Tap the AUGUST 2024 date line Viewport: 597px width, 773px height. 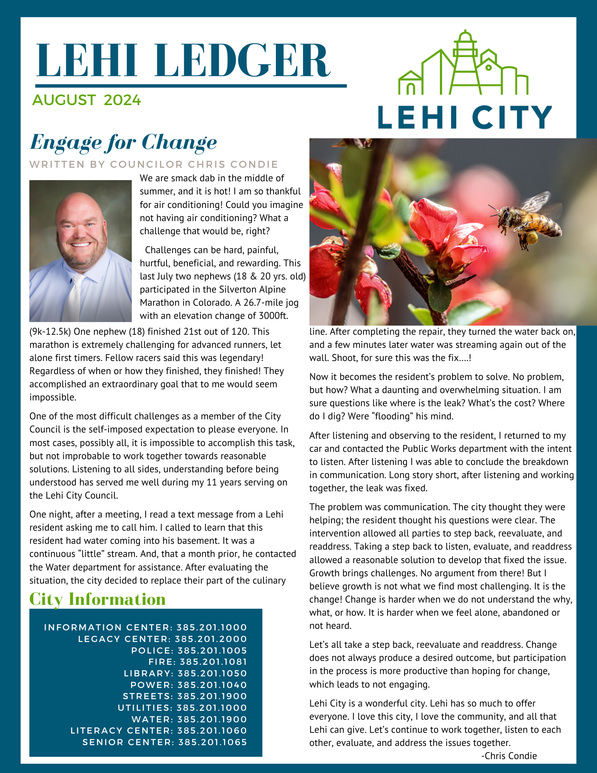pyautogui.click(x=87, y=100)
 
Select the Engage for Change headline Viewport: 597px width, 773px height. pyautogui.click(x=123, y=142)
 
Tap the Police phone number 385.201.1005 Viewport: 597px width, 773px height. pyautogui.click(x=212, y=650)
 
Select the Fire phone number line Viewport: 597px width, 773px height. pyautogui.click(x=198, y=662)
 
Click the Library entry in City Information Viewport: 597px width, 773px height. pyautogui.click(x=185, y=673)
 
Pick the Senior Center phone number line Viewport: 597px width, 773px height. pyautogui.click(x=165, y=742)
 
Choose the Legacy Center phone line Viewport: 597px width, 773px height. pyautogui.click(x=162, y=639)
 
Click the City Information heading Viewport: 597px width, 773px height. pyautogui.click(x=97, y=599)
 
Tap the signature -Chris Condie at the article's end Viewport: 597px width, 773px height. pyautogui.click(x=509, y=756)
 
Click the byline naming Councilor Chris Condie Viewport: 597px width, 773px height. pyautogui.click(x=154, y=164)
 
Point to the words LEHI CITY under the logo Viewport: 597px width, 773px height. pyautogui.click(x=465, y=117)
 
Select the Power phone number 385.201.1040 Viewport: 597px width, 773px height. pyautogui.click(x=212, y=685)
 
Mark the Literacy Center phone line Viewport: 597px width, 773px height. pyautogui.click(x=158, y=730)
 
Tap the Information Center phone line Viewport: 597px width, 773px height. pyautogui.click(x=145, y=627)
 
